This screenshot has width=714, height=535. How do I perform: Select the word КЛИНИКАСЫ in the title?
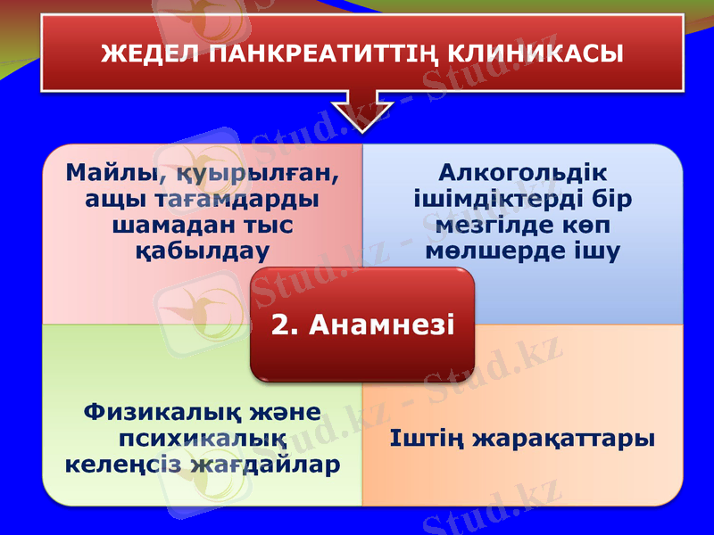[529, 54]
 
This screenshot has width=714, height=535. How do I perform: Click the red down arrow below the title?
[361, 111]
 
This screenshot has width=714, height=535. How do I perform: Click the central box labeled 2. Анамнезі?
[361, 325]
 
